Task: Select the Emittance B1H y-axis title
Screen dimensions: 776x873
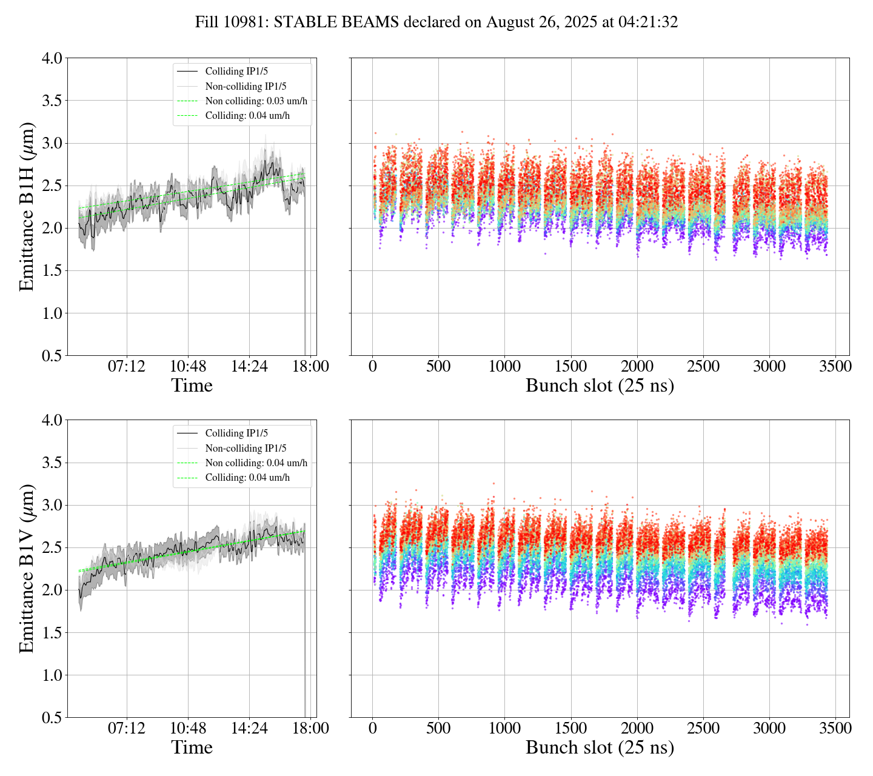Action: pyautogui.click(x=27, y=206)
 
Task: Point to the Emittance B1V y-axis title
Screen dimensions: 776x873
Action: pyautogui.click(x=27, y=568)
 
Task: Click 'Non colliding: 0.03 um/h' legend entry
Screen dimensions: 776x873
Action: pyautogui.click(x=256, y=101)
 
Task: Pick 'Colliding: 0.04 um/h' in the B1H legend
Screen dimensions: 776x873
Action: pyautogui.click(x=247, y=116)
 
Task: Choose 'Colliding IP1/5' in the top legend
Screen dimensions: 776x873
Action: pyautogui.click(x=236, y=72)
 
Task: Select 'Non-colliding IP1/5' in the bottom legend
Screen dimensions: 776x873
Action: pyautogui.click(x=246, y=449)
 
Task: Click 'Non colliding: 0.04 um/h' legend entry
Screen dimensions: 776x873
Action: pyautogui.click(x=256, y=463)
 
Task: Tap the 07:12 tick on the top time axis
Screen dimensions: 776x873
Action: pyautogui.click(x=127, y=367)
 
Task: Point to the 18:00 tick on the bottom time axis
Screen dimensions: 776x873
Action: pyautogui.click(x=310, y=728)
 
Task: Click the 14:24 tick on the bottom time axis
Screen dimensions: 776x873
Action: pyautogui.click(x=249, y=728)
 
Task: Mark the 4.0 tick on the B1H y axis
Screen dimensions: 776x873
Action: pyautogui.click(x=52, y=59)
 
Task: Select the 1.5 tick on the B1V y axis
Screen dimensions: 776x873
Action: pyautogui.click(x=52, y=633)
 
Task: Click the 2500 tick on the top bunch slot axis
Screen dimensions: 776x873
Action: pyautogui.click(x=703, y=367)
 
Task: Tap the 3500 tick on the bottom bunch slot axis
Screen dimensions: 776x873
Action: pyautogui.click(x=835, y=728)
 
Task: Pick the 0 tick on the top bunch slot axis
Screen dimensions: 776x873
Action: pyautogui.click(x=372, y=367)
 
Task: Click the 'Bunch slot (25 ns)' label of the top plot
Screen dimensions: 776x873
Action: pyautogui.click(x=600, y=386)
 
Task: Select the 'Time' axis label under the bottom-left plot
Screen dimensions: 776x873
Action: pyautogui.click(x=192, y=748)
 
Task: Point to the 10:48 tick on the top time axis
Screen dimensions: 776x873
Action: pyautogui.click(x=188, y=367)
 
